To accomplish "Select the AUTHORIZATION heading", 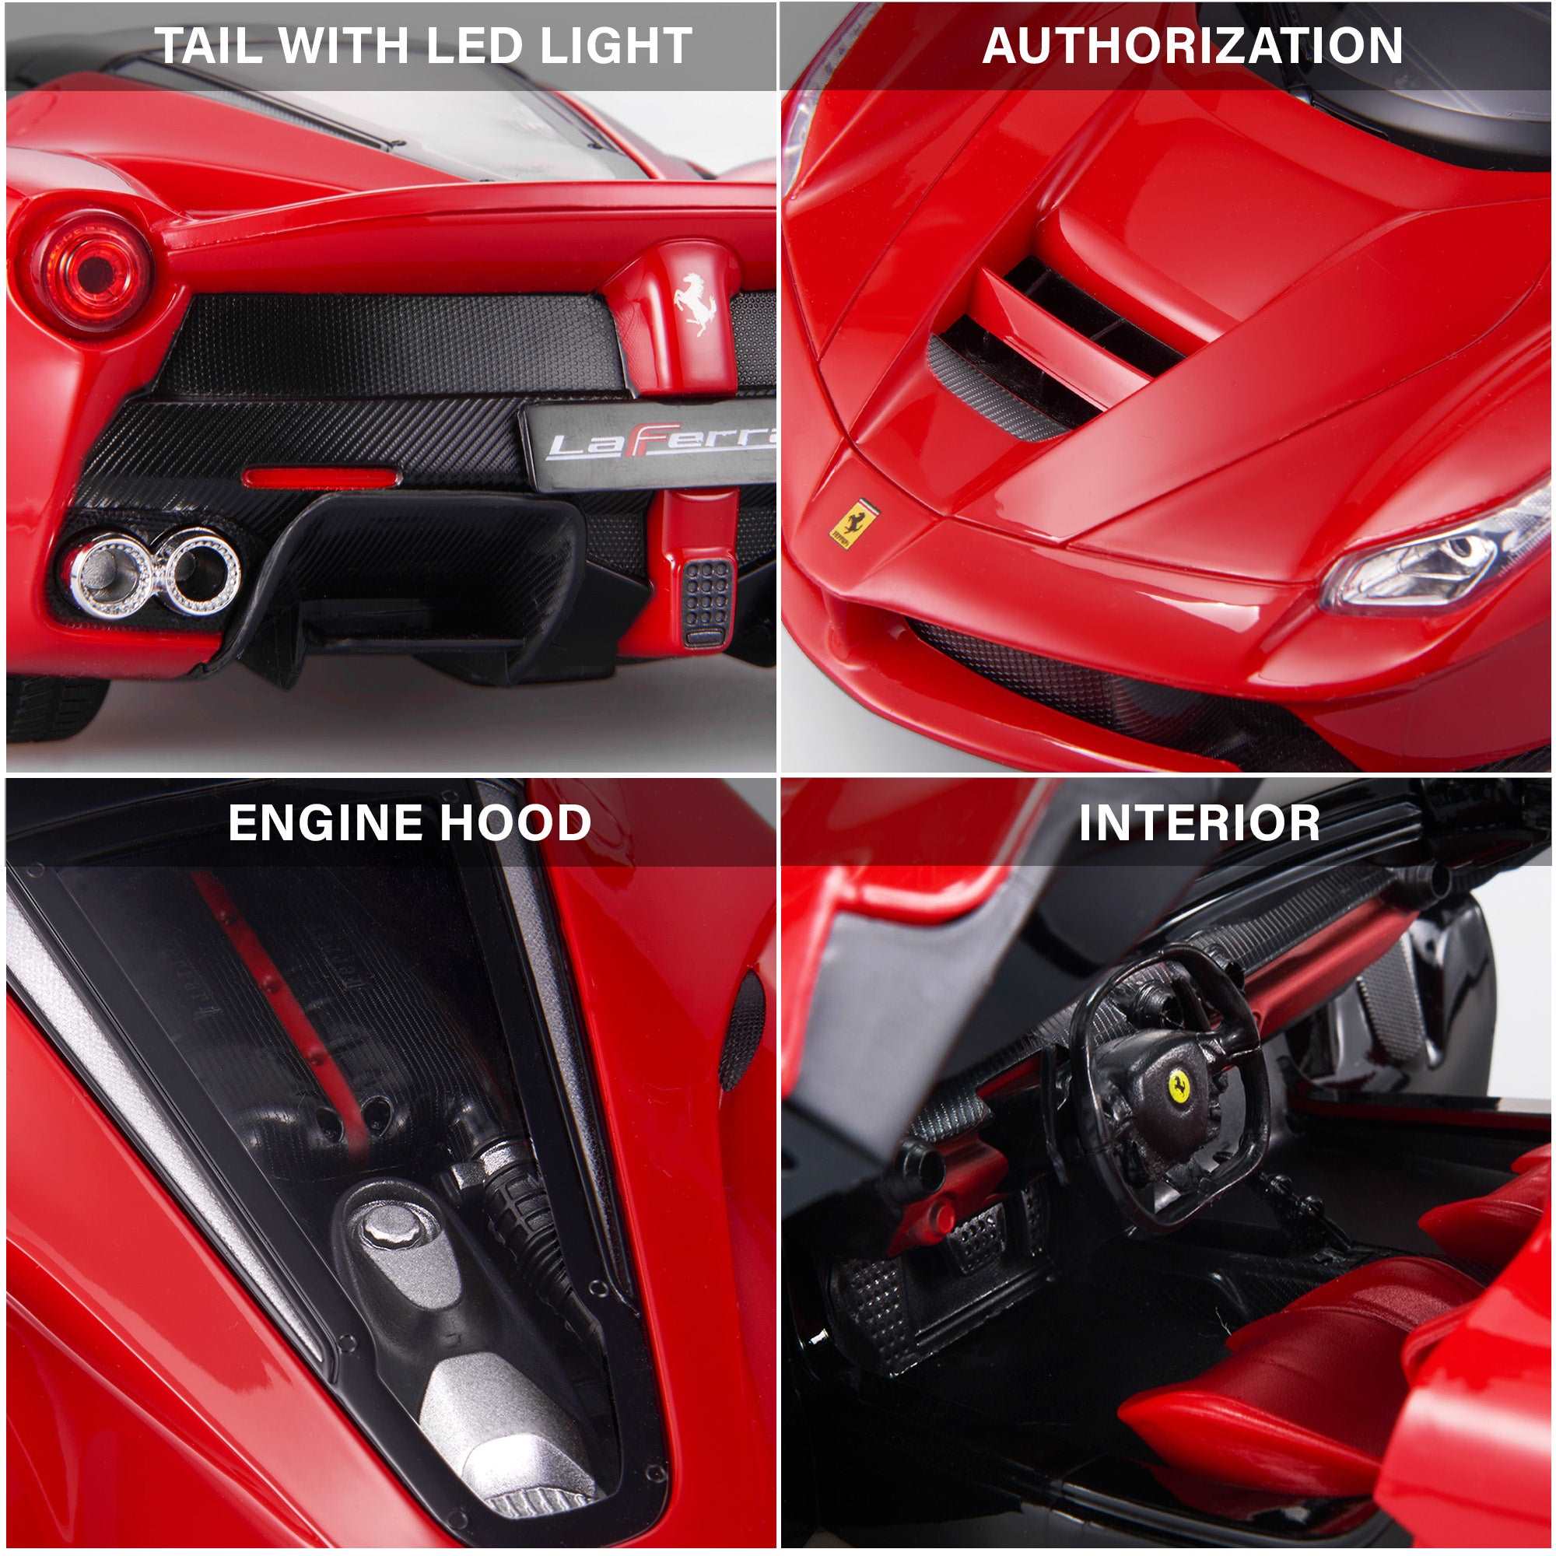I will pos(1193,46).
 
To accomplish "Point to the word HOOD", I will pos(516,823).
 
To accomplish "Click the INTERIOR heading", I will pos(1199,823).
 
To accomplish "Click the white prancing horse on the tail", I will pos(695,303).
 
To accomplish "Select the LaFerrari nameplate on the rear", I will pos(657,444).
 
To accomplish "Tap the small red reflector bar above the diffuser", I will pos(321,478).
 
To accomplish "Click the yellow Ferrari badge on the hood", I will pos(853,523).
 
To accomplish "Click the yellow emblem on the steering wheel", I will pos(1180,1086).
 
